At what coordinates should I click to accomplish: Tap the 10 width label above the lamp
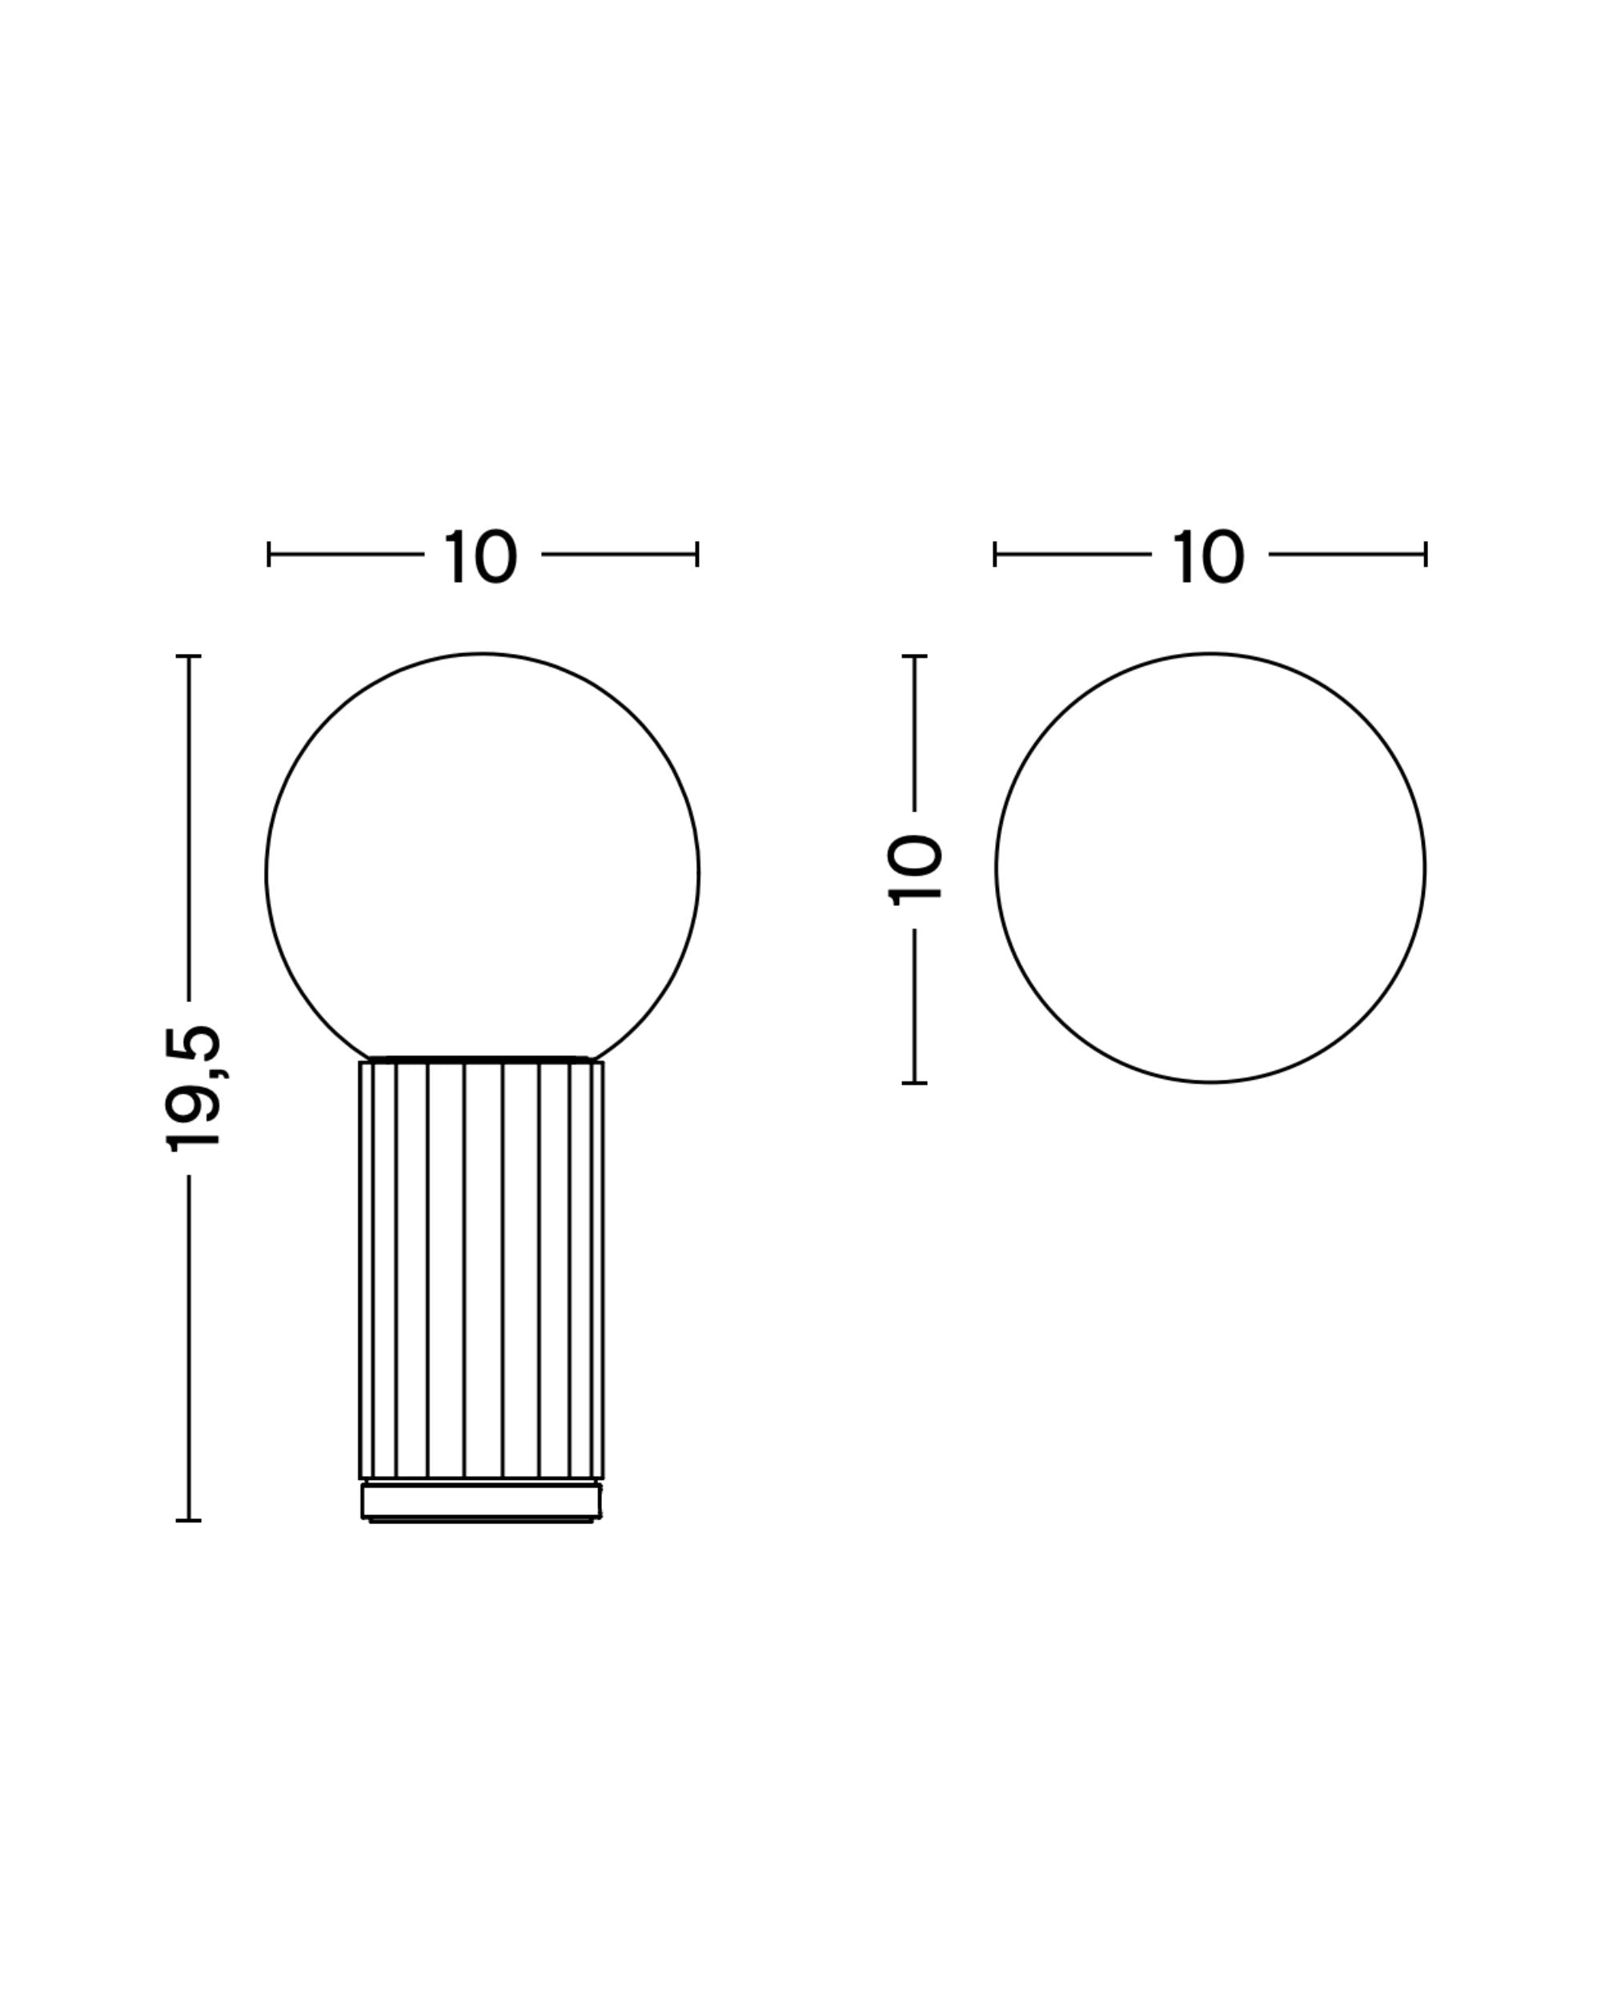(x=481, y=557)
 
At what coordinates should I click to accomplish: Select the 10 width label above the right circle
(x=1209, y=557)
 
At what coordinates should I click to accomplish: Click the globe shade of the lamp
(x=267, y=872)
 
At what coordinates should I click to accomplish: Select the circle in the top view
(x=996, y=868)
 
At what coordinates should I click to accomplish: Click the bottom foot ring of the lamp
(x=481, y=1501)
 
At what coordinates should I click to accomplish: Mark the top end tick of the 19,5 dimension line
(x=188, y=656)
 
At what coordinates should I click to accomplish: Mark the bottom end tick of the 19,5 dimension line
(x=188, y=1520)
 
